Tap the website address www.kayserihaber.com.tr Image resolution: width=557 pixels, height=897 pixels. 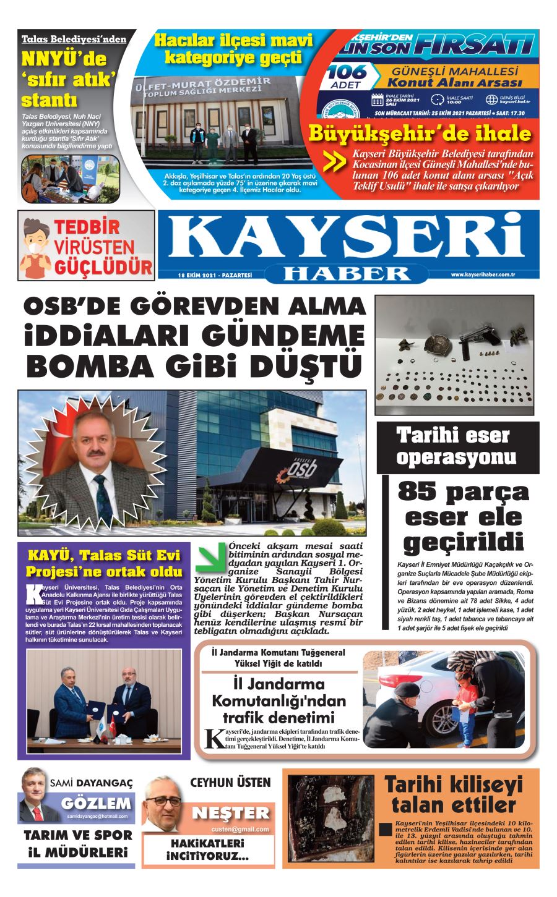483,274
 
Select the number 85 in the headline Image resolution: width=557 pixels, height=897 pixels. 421,492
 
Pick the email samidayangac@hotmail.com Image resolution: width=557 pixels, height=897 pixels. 98,816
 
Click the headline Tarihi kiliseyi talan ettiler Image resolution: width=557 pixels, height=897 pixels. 454,795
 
